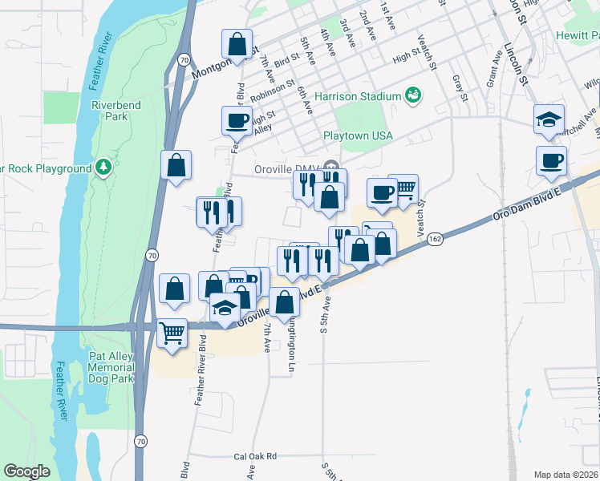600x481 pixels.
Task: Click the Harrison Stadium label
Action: [357, 96]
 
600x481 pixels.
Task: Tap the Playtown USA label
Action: [358, 135]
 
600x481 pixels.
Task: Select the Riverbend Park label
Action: [110, 111]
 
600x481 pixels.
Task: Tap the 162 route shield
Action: [435, 239]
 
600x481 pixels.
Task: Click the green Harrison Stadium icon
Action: [414, 96]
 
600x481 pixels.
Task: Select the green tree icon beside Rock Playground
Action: [103, 168]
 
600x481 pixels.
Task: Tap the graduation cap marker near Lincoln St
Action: [549, 119]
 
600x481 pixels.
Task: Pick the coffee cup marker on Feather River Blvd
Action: [237, 120]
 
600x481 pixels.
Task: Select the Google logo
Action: [27, 471]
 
